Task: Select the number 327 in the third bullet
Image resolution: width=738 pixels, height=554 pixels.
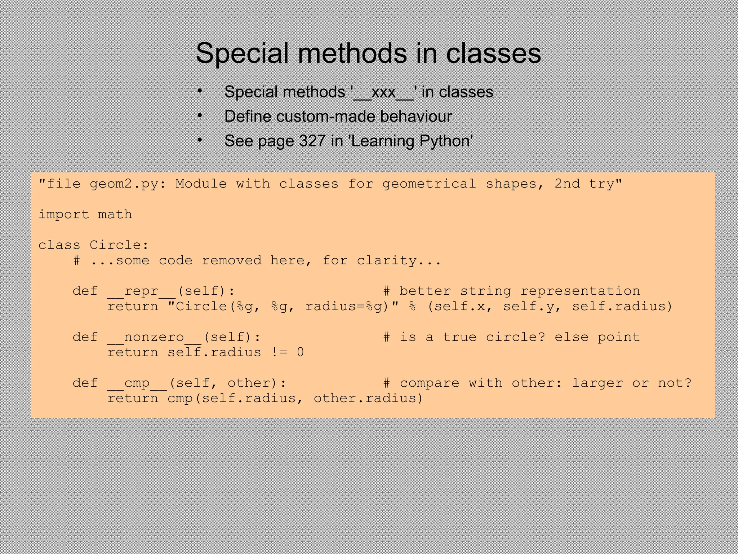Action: click(x=312, y=141)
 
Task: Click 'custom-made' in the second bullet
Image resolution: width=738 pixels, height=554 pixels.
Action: click(x=326, y=116)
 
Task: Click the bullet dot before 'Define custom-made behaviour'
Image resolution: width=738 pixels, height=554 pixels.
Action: click(x=200, y=115)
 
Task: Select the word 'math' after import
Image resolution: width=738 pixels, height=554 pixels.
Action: click(x=115, y=215)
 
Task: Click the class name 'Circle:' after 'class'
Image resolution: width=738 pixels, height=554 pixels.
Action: click(x=119, y=245)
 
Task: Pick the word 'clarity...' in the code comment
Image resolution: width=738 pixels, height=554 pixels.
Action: click(x=399, y=260)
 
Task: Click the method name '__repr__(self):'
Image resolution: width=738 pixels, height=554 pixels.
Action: click(x=171, y=291)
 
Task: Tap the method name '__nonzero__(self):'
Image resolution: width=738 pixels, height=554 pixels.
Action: click(x=184, y=337)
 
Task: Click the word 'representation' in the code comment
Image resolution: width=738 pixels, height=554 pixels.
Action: click(x=580, y=291)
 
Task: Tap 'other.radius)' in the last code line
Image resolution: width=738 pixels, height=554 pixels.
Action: click(x=368, y=399)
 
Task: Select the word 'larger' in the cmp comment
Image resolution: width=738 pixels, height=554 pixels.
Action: click(x=597, y=383)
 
